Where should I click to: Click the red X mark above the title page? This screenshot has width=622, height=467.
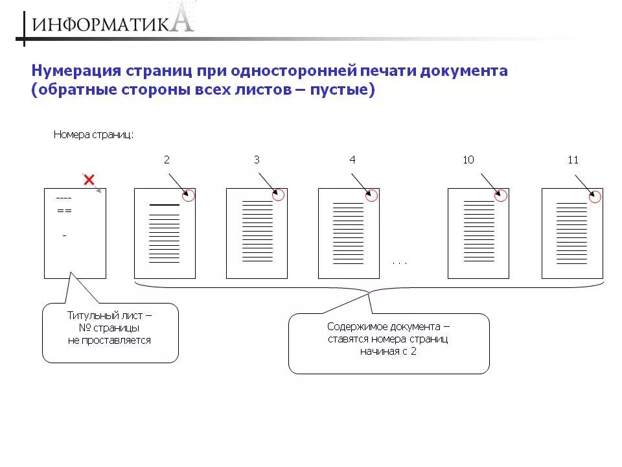coord(89,179)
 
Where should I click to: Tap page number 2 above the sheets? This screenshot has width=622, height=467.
coord(167,160)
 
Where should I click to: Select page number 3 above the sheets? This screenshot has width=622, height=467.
coord(257,160)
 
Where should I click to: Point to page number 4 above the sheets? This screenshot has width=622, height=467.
coord(352,160)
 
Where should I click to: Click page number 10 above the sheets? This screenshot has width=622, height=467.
coord(468,160)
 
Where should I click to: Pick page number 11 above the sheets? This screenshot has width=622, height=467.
coord(573,160)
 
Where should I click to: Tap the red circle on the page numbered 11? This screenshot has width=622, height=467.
coord(596,195)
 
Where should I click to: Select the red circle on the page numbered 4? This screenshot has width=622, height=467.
coord(373,195)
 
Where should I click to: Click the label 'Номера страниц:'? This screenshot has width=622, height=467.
coord(94,135)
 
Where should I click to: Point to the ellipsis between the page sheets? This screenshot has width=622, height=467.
coord(400,263)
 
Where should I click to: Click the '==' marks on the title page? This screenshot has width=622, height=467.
coord(64,211)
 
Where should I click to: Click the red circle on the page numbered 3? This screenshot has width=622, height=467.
coord(279,195)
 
